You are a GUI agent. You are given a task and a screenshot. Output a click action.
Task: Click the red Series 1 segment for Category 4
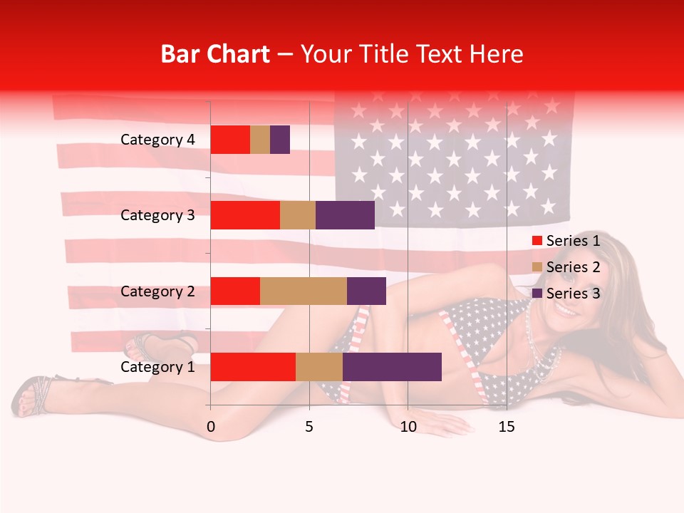[230, 140]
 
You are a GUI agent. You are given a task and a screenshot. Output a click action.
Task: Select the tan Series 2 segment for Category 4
[260, 140]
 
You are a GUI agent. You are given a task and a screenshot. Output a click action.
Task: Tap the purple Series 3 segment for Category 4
[280, 140]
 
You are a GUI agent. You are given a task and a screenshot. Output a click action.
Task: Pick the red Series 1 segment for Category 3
[245, 215]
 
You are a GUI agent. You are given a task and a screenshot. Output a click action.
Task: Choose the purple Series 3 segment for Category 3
[345, 215]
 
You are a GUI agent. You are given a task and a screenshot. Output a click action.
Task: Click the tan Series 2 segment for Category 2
[304, 291]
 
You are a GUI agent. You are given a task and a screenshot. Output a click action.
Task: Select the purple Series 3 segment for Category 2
[366, 291]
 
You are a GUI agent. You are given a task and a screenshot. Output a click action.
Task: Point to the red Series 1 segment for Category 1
[253, 367]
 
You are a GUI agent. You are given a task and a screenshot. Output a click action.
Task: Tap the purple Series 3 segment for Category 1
[392, 367]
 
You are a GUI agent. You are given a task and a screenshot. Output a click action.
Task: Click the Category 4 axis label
[157, 140]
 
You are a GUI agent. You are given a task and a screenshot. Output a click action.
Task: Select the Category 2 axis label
[157, 291]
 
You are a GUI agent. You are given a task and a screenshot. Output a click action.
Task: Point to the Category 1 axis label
[157, 367]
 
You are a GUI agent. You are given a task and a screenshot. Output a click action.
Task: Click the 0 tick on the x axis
[211, 427]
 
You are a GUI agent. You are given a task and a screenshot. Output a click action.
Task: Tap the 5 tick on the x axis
[309, 427]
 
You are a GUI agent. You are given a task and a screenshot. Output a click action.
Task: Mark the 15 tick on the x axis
[506, 427]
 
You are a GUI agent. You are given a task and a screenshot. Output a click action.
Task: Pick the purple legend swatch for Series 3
[537, 294]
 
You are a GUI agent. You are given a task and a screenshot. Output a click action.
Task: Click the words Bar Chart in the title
[215, 54]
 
